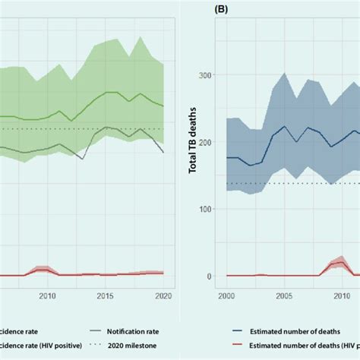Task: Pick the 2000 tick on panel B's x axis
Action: (x=227, y=295)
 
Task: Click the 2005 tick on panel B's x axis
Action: (x=284, y=295)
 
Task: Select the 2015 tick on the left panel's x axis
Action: (x=106, y=295)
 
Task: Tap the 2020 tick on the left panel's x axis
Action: (x=163, y=295)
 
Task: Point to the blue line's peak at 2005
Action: (x=284, y=126)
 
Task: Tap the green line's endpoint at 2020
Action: (x=163, y=106)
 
